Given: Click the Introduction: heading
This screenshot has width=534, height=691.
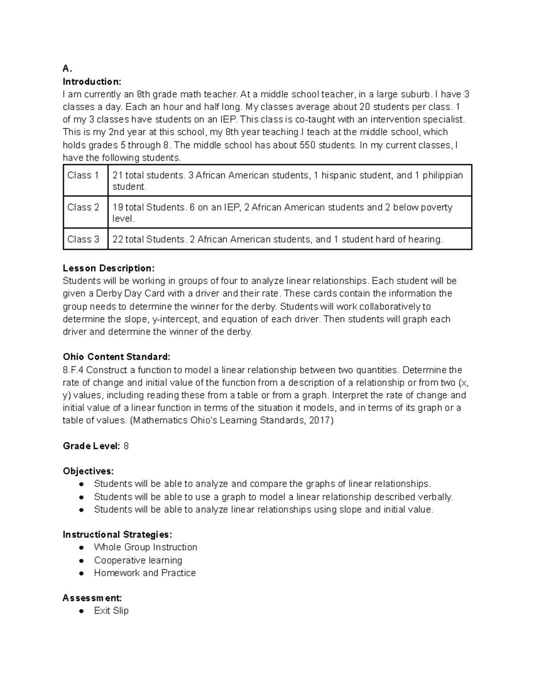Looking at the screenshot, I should tap(92, 81).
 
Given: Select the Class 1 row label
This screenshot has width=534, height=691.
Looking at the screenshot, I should tap(83, 175).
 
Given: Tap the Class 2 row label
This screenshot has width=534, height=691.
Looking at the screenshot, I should tap(83, 207).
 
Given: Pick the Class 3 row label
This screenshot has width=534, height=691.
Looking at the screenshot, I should tap(83, 239).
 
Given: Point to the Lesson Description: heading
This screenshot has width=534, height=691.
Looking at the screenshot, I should tap(109, 268).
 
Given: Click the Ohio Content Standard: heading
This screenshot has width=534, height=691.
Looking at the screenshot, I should tap(117, 357).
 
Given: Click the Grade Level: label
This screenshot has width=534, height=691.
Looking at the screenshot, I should tap(91, 446).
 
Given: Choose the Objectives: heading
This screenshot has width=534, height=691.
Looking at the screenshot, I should tap(88, 471).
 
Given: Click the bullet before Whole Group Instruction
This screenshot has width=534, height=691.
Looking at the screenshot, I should tap(81, 548).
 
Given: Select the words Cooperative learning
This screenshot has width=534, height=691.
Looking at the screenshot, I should tap(138, 560).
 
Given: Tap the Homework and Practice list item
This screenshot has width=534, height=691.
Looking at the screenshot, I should tap(145, 573).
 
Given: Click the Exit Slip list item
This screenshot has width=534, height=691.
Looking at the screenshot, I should tap(111, 611).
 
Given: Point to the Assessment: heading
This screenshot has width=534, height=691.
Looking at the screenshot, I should tap(92, 598).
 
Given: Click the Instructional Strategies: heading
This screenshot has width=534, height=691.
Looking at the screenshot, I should tap(117, 534).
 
